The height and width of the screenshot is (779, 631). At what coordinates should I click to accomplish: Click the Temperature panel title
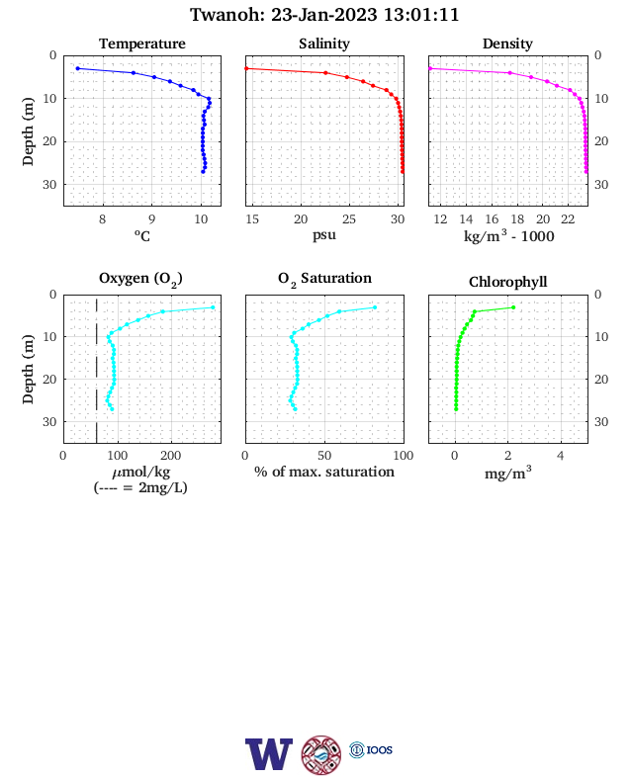[x=142, y=43]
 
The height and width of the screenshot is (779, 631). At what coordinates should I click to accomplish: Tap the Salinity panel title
[x=324, y=43]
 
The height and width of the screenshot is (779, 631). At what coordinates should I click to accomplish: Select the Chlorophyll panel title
[x=507, y=282]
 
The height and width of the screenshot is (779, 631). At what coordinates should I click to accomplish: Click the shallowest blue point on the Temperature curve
[x=77, y=68]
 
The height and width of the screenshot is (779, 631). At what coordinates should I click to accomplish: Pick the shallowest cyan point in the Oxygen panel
[x=213, y=307]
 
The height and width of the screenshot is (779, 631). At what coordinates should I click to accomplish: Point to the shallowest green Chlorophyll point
[x=513, y=307]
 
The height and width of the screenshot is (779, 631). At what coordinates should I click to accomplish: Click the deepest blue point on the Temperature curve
[x=203, y=172]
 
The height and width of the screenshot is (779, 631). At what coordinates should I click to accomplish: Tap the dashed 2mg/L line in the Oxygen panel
[x=96, y=368]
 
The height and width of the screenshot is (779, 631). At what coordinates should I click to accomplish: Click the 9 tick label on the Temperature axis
[x=152, y=219]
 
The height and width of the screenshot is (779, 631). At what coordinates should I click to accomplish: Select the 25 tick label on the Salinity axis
[x=349, y=219]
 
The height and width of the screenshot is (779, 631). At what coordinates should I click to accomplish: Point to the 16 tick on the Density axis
[x=492, y=219]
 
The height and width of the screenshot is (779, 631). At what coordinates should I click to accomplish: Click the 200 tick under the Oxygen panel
[x=170, y=456]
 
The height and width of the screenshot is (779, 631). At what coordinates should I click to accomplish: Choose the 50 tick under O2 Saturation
[x=324, y=456]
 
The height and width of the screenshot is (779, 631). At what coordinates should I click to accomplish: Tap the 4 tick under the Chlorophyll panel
[x=561, y=456]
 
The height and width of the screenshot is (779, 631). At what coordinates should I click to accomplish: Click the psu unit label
[x=324, y=235]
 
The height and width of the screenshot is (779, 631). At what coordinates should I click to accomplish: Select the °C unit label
[x=142, y=235]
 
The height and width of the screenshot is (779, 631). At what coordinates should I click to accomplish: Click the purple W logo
[x=269, y=754]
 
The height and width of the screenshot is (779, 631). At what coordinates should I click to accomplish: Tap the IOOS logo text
[x=380, y=749]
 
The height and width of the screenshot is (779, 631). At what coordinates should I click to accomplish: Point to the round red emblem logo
[x=321, y=755]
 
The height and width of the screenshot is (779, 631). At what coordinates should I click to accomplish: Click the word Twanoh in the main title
[x=227, y=15]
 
